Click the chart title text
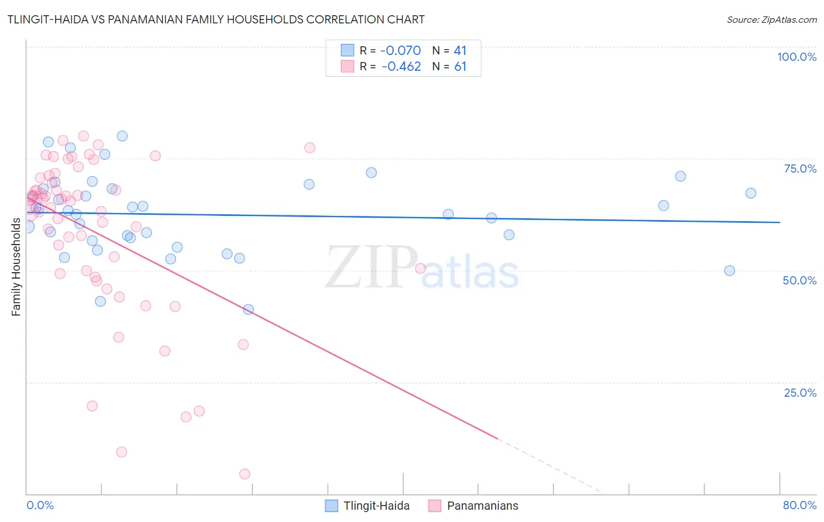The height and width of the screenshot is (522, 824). [x=216, y=19]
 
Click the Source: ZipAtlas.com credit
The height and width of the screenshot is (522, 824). [x=771, y=20]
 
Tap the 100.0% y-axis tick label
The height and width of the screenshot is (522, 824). [x=796, y=57]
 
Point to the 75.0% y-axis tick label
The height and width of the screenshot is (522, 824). [x=800, y=169]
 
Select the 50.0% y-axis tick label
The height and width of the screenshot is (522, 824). [x=799, y=280]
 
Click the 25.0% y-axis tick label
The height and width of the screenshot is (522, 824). [x=800, y=392]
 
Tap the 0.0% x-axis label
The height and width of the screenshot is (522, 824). [x=40, y=505]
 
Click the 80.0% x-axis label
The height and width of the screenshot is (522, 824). [x=799, y=505]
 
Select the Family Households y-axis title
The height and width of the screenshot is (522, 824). [x=16, y=267]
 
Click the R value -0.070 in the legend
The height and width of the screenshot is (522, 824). [x=401, y=51]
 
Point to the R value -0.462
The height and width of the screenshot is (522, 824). [x=401, y=67]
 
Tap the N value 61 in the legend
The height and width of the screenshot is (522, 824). [x=460, y=67]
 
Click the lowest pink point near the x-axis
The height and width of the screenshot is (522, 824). [x=244, y=474]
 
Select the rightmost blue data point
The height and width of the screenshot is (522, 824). [x=751, y=193]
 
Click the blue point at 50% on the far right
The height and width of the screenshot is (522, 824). [x=730, y=270]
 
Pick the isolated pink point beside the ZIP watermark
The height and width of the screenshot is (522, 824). [x=420, y=269]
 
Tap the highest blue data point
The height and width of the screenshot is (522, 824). [x=122, y=136]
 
